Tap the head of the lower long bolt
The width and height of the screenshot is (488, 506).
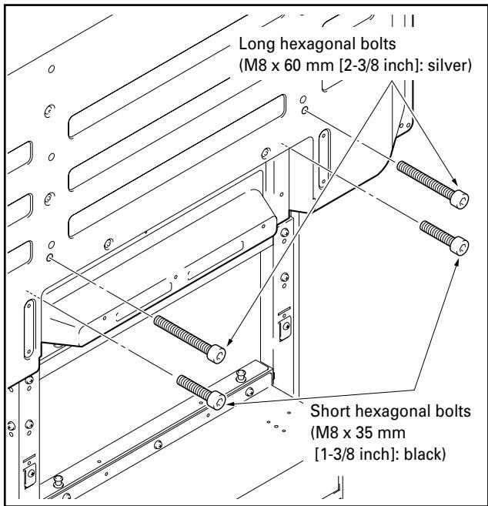click(x=219, y=354)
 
